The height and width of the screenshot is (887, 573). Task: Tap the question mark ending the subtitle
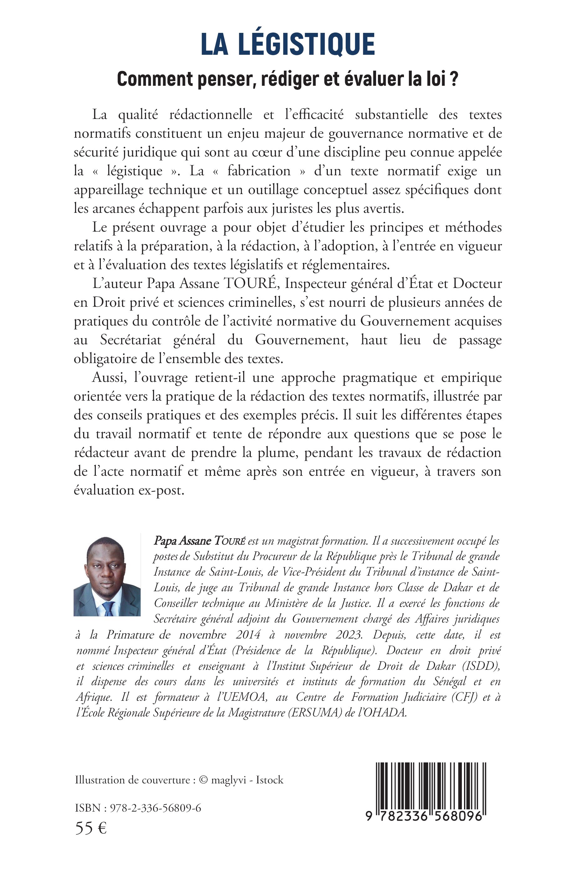[x=454, y=79]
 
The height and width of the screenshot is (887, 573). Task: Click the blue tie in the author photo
[x=108, y=608]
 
